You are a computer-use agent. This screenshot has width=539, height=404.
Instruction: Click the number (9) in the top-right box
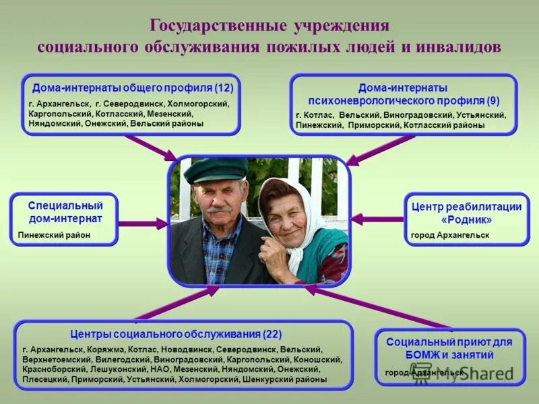coord(493,101)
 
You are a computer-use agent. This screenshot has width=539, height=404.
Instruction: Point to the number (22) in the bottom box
coord(272,334)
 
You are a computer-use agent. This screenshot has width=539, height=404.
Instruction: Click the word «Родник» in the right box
coord(466,220)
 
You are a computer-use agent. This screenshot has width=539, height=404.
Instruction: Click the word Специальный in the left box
coord(65,205)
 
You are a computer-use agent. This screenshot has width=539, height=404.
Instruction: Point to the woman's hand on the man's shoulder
coord(275,252)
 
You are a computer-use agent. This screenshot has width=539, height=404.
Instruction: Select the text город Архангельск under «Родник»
coord(450,235)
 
